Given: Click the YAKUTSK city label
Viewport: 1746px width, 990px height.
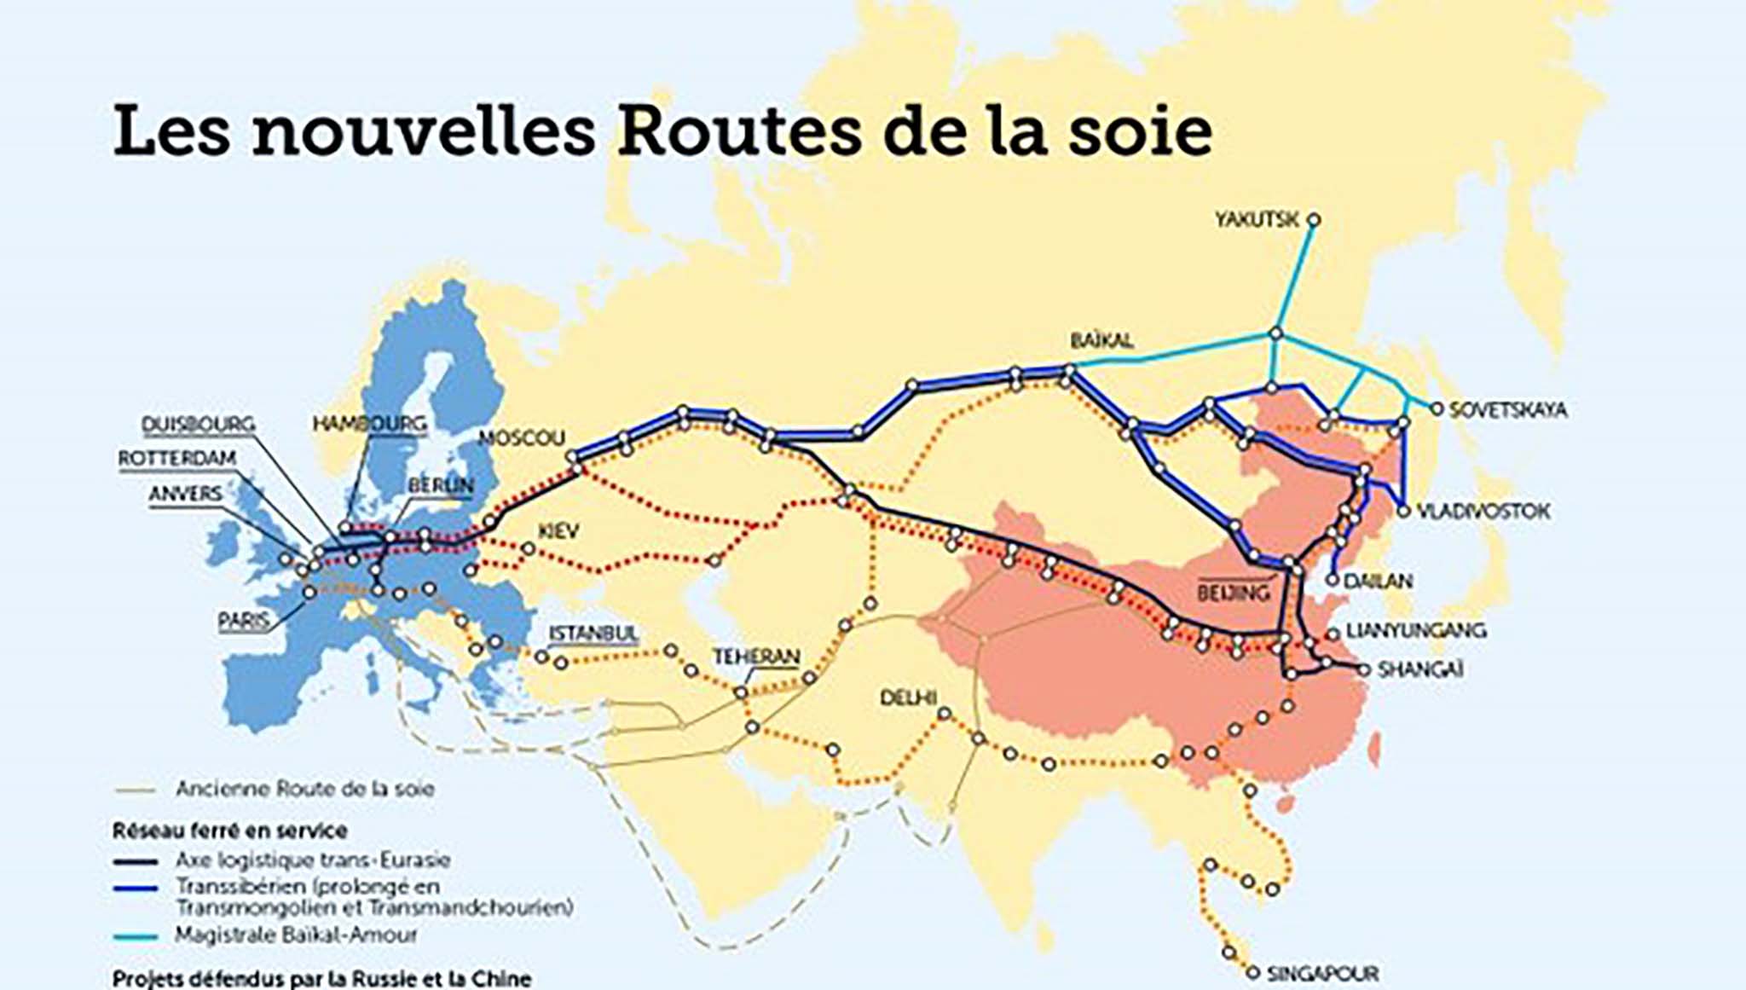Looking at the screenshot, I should pos(1257,220).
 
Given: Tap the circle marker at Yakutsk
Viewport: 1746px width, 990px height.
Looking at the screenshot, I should pos(1314,220).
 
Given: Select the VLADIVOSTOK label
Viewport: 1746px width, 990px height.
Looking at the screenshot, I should pos(1483,512).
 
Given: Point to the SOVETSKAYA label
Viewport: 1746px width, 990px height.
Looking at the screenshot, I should pos(1508,410).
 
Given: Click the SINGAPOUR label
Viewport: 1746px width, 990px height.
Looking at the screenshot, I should pos(1322,973).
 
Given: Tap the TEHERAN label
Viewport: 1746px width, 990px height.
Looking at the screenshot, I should pos(756,657).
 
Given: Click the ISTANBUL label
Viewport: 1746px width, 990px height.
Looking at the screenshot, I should pos(593,634).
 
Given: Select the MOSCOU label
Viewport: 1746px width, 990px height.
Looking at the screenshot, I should pos(522,438).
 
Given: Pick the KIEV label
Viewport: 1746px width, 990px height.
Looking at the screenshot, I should pos(558,531).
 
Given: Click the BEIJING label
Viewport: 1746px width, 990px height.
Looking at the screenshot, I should pos(1234,593).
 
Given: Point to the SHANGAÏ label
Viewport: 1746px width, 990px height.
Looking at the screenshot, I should pos(1420,670).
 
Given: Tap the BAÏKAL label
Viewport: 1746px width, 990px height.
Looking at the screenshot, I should pos(1101,341).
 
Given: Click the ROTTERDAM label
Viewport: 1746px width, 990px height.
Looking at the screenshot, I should pos(176,459).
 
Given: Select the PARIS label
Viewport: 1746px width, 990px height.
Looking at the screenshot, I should pos(244,621).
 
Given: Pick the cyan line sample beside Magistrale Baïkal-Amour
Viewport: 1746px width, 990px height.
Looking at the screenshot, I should pos(136,936).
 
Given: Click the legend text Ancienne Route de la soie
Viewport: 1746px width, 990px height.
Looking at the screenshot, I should pos(304,789).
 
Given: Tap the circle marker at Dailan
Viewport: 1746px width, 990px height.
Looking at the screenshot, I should pos(1333,581).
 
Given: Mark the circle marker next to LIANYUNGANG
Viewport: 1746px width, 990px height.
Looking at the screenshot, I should pos(1333,634).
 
